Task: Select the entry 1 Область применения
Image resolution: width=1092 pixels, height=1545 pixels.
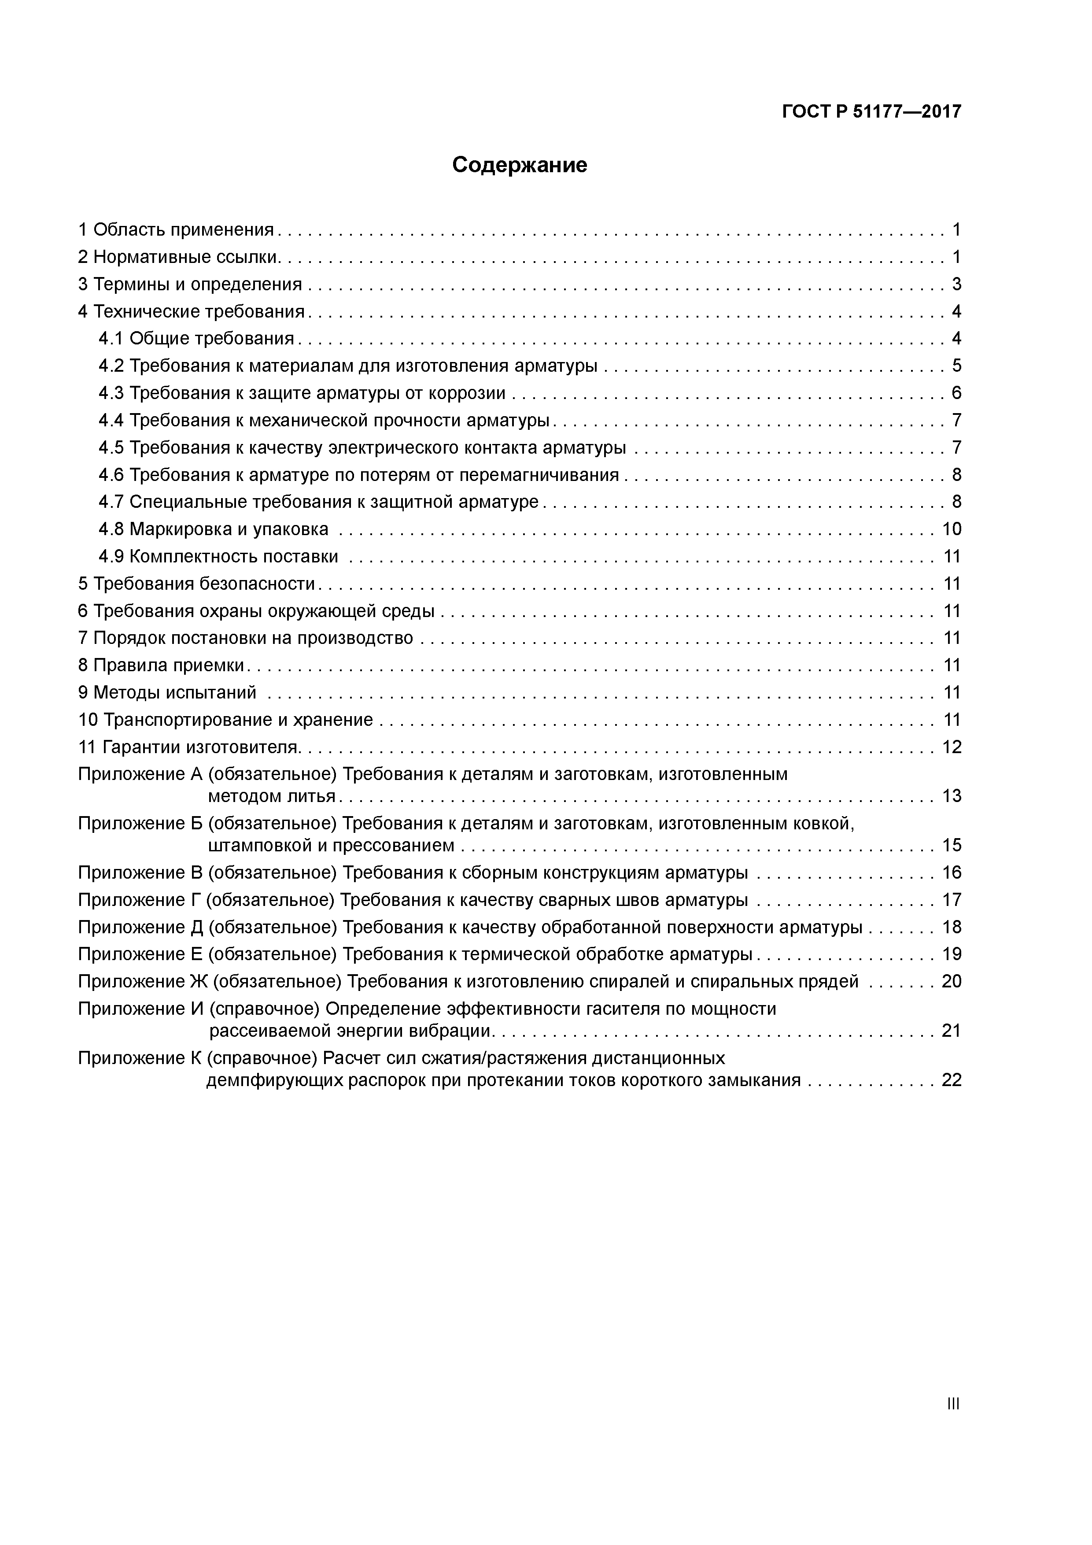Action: pos(176,230)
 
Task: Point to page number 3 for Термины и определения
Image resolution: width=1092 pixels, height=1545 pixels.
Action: pos(956,285)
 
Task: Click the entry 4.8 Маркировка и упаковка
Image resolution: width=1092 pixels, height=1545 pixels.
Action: pos(213,529)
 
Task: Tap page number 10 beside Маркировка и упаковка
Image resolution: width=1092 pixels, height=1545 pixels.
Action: pos(952,529)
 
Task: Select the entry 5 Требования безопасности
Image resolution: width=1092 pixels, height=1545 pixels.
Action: pos(196,584)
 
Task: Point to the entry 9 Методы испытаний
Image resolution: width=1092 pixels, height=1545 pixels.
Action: pos(167,692)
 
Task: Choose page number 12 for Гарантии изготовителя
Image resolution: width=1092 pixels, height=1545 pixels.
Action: pos(952,747)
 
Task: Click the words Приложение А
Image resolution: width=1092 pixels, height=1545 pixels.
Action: pos(140,775)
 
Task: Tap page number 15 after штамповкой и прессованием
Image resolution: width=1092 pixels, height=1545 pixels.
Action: pos(952,845)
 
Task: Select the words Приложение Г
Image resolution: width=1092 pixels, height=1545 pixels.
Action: pos(139,900)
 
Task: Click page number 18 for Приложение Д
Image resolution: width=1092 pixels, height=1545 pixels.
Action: pos(952,927)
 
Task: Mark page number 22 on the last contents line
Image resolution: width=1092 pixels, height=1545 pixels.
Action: pos(952,1081)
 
